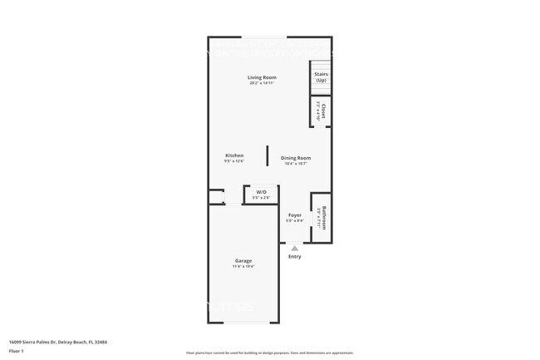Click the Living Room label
262,77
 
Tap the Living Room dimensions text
262,83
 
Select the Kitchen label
234,155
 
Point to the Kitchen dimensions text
234,161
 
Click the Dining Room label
296,158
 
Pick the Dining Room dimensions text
296,164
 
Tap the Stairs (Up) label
321,76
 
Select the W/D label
261,192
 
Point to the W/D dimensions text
261,198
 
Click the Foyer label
295,215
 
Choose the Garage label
243,260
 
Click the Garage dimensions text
243,266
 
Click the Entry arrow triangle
294,248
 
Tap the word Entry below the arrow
295,256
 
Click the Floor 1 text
17,351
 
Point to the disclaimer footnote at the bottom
270,353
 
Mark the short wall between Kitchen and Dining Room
267,155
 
